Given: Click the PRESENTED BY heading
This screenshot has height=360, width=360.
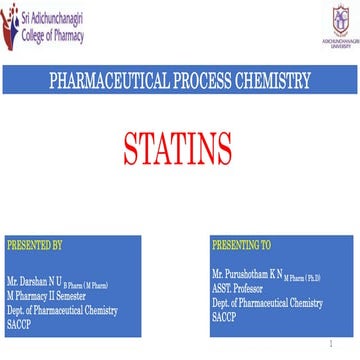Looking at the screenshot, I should tap(34, 244).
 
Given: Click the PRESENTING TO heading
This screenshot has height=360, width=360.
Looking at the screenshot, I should tap(242, 244).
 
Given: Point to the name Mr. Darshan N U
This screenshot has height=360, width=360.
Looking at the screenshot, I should tap(36, 283).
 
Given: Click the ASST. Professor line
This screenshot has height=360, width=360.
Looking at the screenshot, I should tap(236, 285).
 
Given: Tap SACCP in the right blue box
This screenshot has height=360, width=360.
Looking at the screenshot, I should tap(223, 312).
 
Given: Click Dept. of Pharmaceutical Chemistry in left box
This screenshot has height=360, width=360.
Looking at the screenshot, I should tap(62, 310).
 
